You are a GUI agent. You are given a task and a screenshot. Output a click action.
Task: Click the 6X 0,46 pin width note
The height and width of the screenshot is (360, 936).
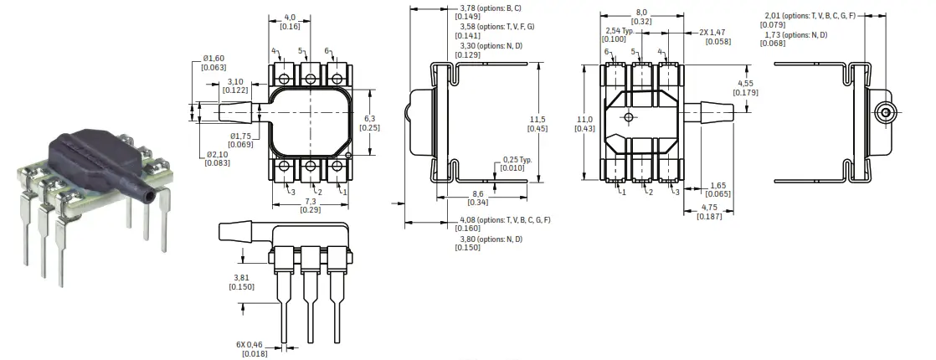click(x=254, y=345)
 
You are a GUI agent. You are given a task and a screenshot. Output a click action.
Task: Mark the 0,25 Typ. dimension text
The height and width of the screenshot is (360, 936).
click(x=517, y=159)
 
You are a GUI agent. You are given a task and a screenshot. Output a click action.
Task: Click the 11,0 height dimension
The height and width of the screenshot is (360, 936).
click(x=584, y=119)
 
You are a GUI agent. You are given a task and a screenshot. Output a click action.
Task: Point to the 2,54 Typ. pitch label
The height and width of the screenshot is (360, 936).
click(x=620, y=30)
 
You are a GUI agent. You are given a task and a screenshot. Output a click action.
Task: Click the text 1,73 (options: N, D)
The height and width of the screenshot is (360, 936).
click(x=795, y=34)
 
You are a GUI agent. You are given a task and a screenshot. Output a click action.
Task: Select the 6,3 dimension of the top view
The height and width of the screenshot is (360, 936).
click(x=370, y=118)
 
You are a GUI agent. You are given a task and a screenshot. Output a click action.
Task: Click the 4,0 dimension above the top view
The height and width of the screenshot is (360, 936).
click(x=290, y=17)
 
